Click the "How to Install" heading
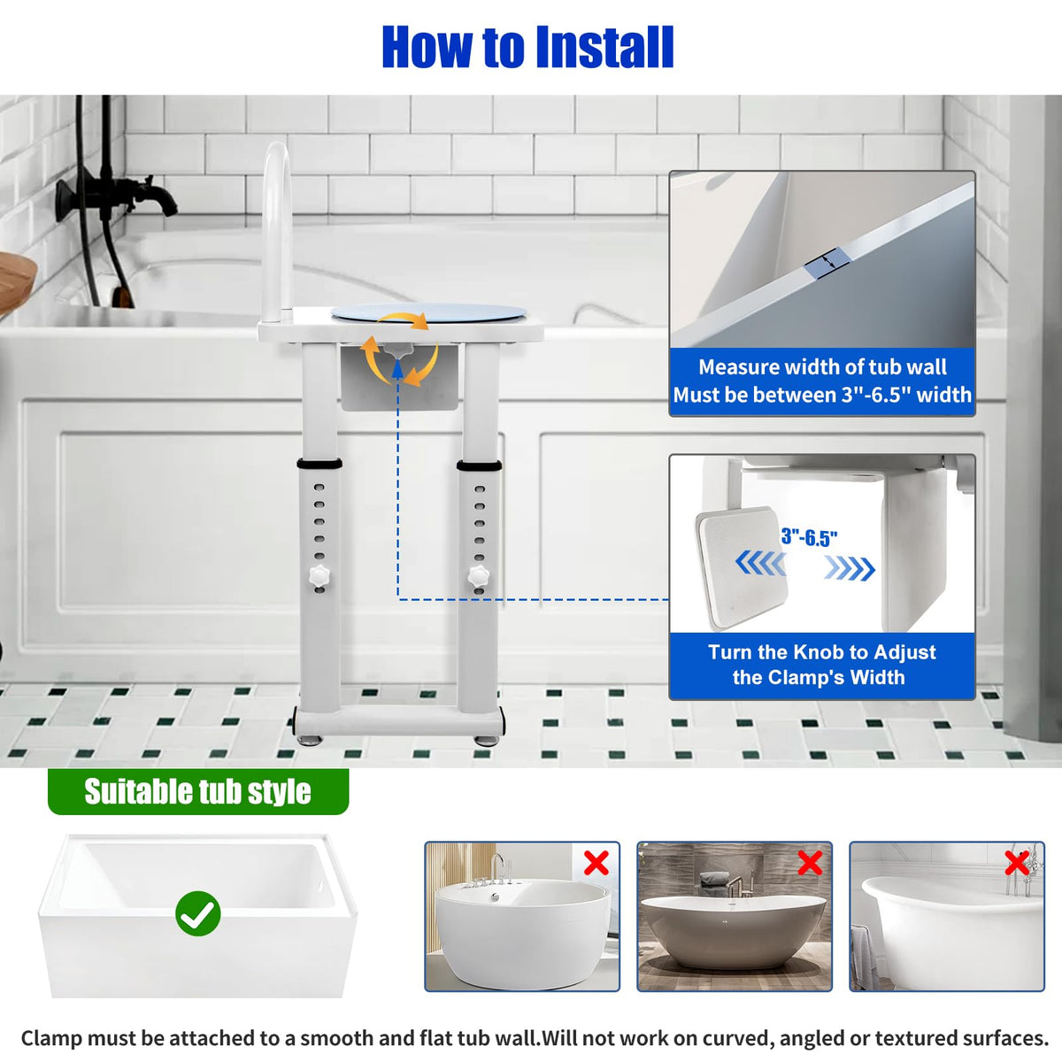coord(527,47)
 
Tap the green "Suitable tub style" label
coord(198,792)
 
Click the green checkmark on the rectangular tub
coord(198,913)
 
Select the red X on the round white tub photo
coord(596,863)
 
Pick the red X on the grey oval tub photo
coord(809,863)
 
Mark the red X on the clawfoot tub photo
coord(1017,863)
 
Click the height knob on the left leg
coord(319,576)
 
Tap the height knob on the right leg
coord(479,576)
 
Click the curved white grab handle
coord(277,232)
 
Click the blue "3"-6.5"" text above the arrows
coord(809,538)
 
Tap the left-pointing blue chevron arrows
coord(760,563)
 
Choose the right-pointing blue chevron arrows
coord(850,568)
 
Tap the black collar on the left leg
coord(319,464)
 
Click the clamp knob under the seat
coord(398,350)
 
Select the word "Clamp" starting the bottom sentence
coord(52,1038)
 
